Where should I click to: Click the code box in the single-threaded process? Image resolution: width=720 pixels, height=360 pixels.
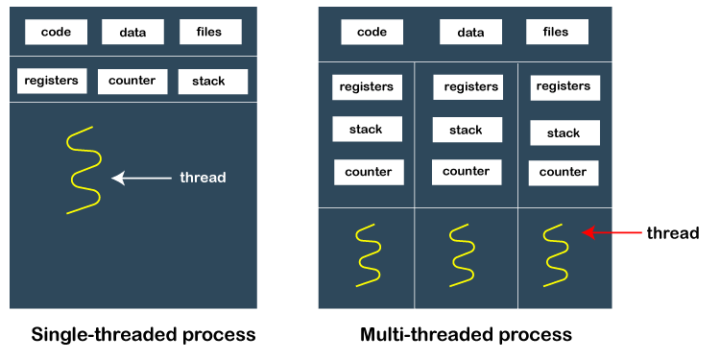pos(56,32)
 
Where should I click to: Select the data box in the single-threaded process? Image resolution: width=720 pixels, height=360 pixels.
pos(132,32)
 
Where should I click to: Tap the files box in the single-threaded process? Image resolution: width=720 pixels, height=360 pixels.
pos(210,32)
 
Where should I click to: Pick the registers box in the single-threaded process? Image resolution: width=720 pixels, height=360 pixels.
pos(52,81)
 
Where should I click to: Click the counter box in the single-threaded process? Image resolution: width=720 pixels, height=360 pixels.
pos(132,82)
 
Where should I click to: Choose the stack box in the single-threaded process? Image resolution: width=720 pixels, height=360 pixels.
pos(213,82)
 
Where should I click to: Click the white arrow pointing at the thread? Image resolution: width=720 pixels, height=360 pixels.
pos(141,178)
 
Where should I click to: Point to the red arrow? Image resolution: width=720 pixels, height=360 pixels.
pos(612,233)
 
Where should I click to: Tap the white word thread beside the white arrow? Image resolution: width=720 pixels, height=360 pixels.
pos(203,178)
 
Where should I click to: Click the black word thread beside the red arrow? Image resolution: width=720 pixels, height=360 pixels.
pos(673,233)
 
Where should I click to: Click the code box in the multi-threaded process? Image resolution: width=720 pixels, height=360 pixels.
pos(372,32)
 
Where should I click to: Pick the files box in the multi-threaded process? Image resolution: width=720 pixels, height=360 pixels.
pos(557,32)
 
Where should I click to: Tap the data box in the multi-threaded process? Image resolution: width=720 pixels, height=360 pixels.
pos(470,32)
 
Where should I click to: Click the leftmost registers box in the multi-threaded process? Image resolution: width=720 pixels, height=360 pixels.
pos(367,86)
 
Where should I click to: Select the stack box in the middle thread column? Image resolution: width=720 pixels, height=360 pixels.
pos(467,130)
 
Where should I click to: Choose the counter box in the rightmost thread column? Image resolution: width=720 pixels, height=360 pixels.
pos(564,173)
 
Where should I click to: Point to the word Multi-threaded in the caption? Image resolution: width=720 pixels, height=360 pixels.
pos(419,334)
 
